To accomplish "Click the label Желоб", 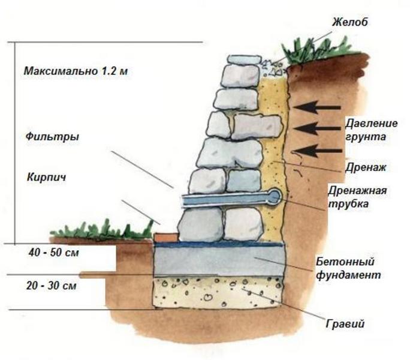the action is coord(350,22).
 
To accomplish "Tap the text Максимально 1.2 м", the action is coord(76,71).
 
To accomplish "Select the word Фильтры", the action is coord(52,137).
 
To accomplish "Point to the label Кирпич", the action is coord(46,178).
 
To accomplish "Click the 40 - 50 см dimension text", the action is coord(53,253).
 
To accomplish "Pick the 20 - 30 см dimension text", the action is coord(52,286).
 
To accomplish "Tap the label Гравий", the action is coord(345,324).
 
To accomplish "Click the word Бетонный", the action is coord(345,261).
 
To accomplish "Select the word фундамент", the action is coord(348,275).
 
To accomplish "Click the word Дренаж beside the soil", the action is coord(366,167).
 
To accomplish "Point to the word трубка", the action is coord(348,204).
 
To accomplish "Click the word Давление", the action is coord(371,124).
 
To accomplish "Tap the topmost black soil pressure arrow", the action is coord(317,107).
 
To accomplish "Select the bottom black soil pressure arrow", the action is coord(318,151).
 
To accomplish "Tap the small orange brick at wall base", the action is coord(166,236).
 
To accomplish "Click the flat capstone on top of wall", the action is coord(244,59).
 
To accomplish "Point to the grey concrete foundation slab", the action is coord(219,262).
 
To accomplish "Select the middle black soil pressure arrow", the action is coord(317,128).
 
